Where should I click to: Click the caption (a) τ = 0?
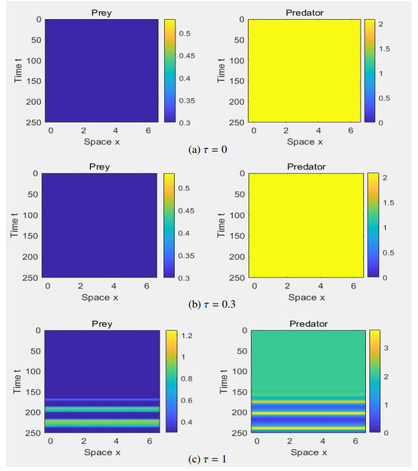208,150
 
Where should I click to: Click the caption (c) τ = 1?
208,459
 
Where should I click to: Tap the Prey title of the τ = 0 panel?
100,12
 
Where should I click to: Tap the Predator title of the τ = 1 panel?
308,323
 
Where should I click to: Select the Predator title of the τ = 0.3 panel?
306,167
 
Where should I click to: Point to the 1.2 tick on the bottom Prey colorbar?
188,336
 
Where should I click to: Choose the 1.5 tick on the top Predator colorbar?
385,49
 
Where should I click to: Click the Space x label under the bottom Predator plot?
309,453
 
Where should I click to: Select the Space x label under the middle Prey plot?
100,297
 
